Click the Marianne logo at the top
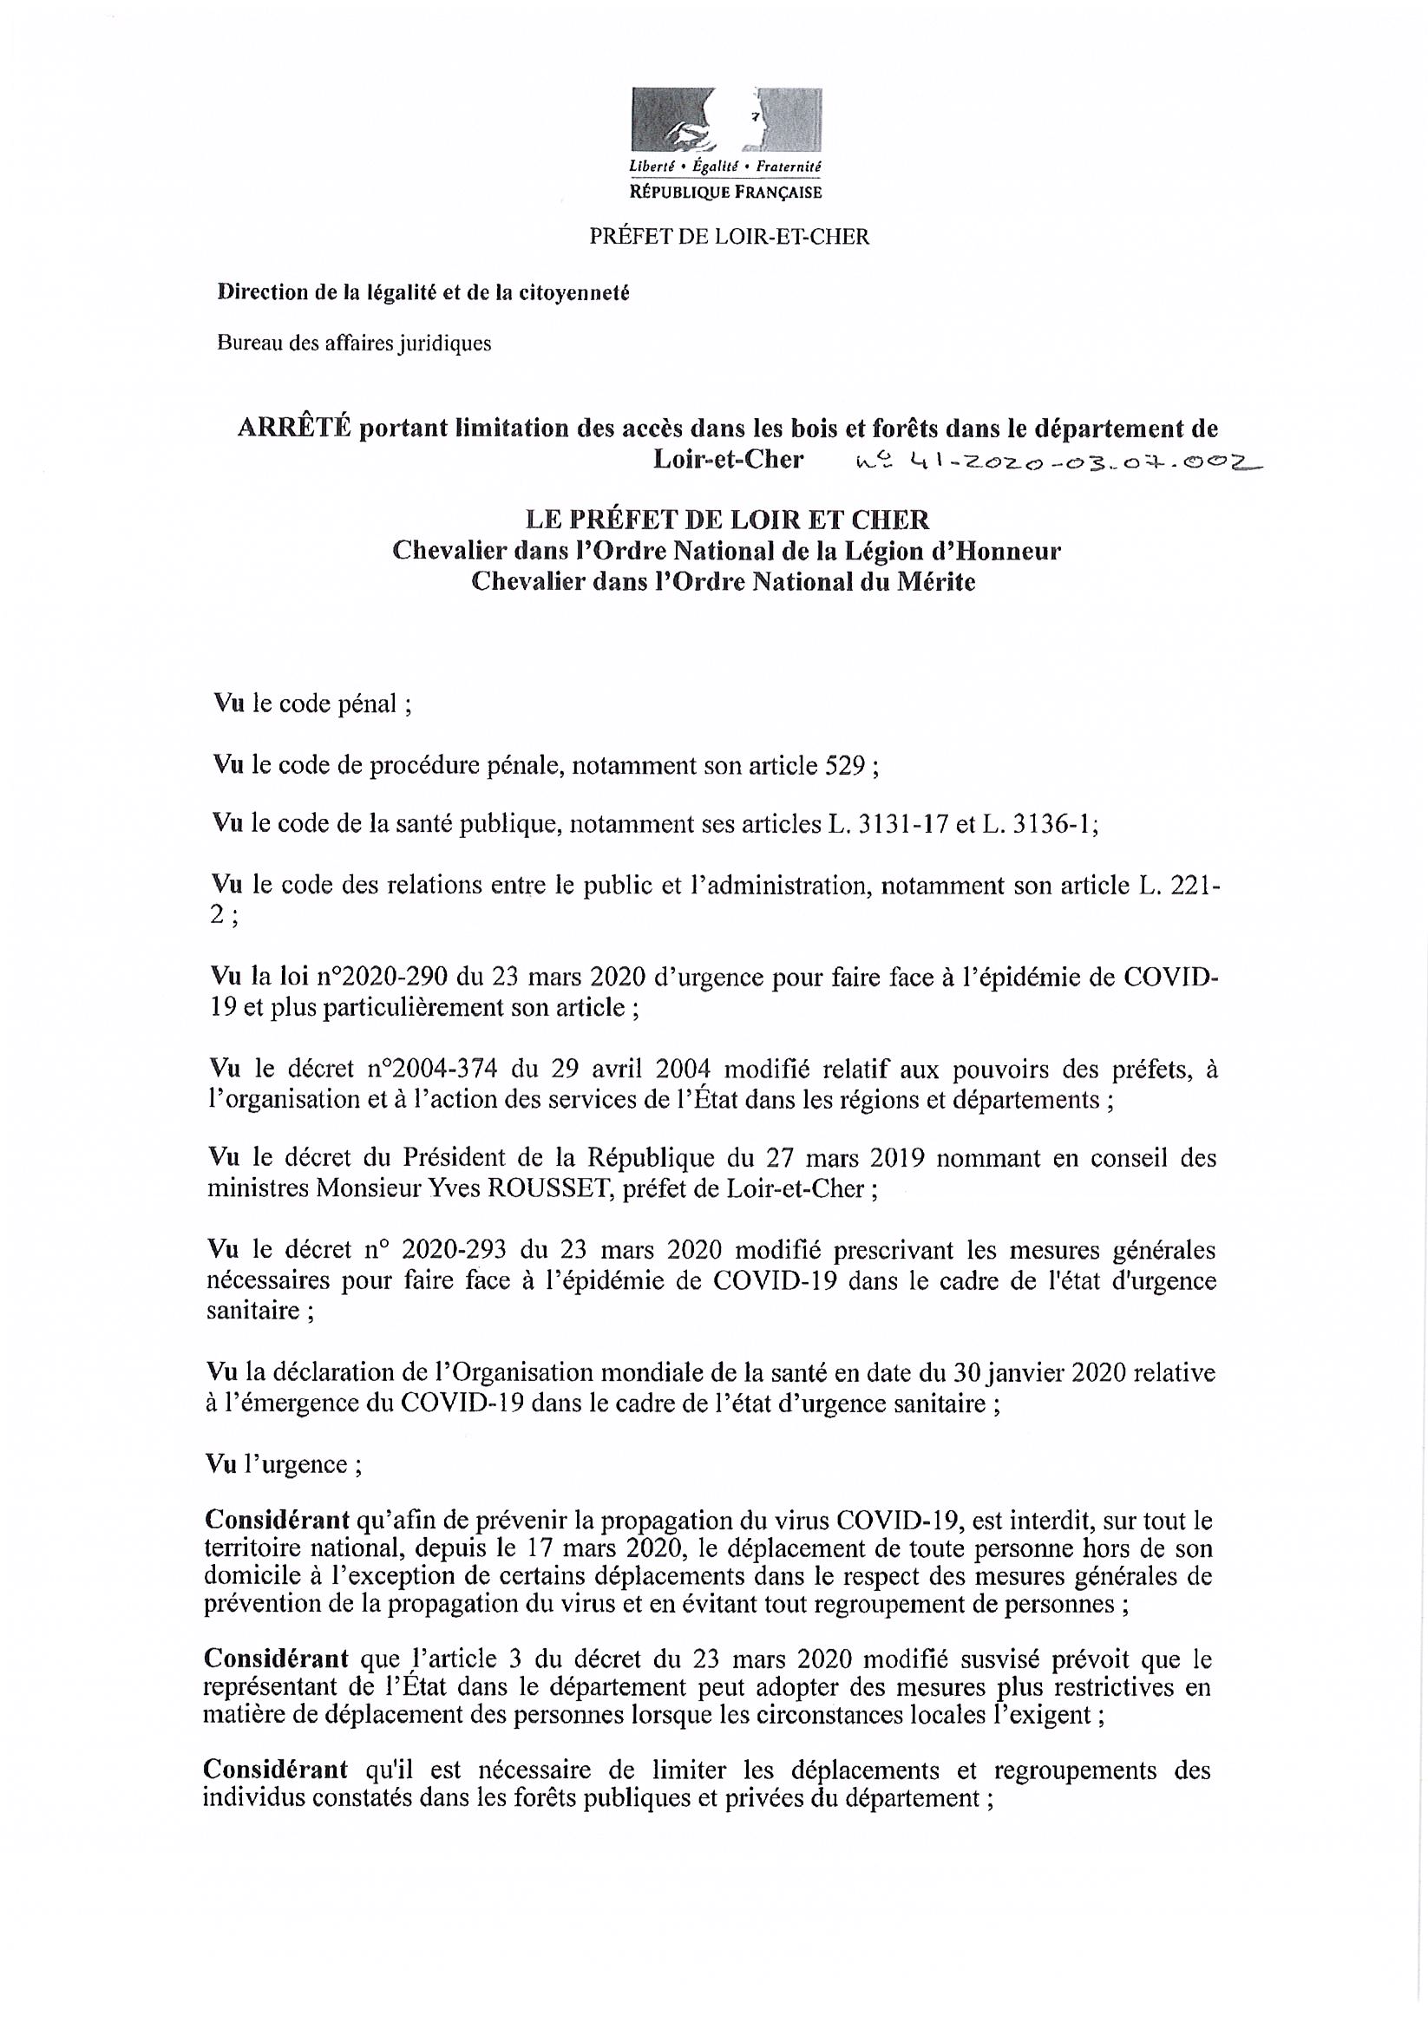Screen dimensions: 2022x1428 click(x=726, y=121)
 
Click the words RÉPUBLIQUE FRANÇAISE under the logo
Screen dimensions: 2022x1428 click(x=726, y=192)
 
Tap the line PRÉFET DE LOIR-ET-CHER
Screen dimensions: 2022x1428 click(x=729, y=237)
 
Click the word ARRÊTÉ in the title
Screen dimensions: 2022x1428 click(x=294, y=429)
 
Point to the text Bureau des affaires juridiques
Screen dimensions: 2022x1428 click(x=354, y=344)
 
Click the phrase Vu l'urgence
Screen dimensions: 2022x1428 click(x=283, y=1464)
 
